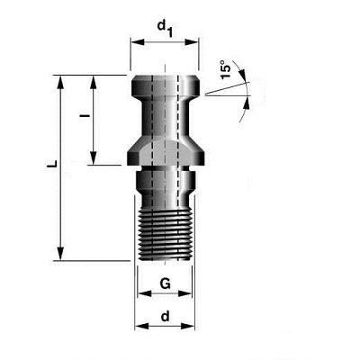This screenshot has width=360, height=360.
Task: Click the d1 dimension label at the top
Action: (x=165, y=28)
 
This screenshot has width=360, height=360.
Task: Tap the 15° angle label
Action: (x=226, y=69)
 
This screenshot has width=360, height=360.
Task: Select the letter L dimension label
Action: (x=52, y=164)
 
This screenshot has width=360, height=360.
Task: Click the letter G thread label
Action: (x=165, y=283)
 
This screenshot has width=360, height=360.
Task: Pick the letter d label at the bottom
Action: (x=165, y=316)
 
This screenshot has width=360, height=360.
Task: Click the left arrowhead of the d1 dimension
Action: (x=137, y=42)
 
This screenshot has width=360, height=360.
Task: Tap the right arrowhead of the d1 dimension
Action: (x=192, y=42)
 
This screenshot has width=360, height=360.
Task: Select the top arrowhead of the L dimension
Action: (x=60, y=82)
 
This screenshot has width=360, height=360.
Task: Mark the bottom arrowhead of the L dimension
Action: (x=60, y=254)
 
